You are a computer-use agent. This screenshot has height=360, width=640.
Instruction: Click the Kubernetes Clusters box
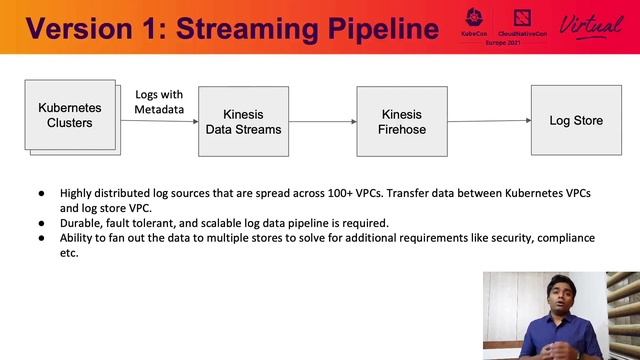[70, 116]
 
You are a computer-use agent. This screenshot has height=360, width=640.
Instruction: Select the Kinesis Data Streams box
[243, 121]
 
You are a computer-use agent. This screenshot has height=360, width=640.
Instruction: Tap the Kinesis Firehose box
[401, 121]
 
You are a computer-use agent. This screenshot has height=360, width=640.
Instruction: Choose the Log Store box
[576, 120]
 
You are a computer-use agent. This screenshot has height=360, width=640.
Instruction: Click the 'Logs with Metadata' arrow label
[160, 101]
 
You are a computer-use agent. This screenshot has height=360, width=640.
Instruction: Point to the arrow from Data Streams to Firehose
[323, 122]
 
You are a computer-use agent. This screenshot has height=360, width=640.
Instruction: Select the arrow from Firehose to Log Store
[488, 121]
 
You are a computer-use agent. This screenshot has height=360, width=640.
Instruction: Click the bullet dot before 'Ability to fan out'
[41, 238]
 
